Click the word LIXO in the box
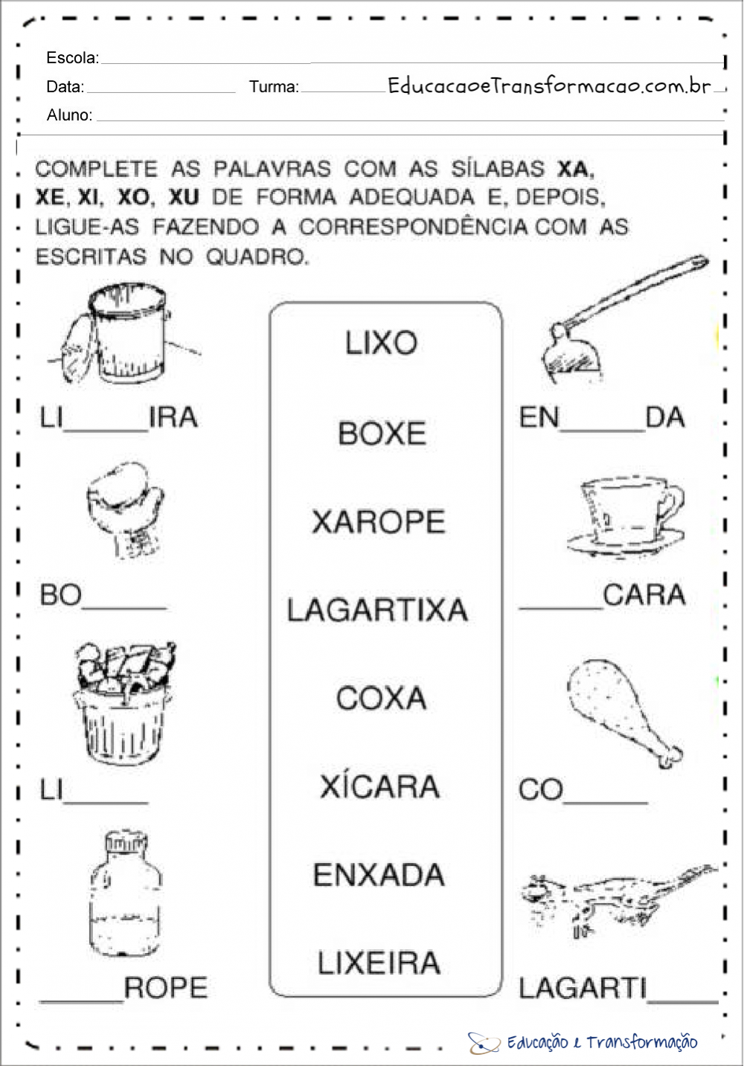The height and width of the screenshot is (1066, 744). (381, 342)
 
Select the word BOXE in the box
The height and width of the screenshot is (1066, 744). (382, 433)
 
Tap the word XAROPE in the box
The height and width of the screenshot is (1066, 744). (379, 521)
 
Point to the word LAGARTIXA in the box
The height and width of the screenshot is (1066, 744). (377, 609)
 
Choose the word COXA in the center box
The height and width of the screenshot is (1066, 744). (381, 698)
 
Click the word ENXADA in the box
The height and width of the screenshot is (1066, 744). (379, 875)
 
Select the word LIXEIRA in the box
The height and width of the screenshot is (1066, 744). (379, 963)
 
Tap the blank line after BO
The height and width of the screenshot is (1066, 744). (124, 608)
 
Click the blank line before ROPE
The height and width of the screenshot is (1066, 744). (82, 1001)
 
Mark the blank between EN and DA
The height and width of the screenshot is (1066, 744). (602, 431)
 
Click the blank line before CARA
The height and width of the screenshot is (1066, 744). (561, 608)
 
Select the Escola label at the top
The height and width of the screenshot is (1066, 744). (73, 57)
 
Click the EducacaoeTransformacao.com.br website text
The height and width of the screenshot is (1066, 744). (549, 86)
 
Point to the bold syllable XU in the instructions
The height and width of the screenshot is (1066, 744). (184, 196)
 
